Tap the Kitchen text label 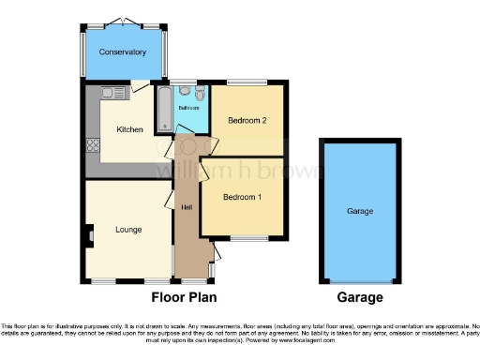[x=128, y=129]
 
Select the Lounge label [x=128, y=229]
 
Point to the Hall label [x=187, y=207]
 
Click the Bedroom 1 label [x=242, y=197]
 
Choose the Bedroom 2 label [x=247, y=120]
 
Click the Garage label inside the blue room [x=360, y=212]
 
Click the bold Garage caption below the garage [x=360, y=297]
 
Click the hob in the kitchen [x=93, y=145]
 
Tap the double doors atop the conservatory [x=122, y=21]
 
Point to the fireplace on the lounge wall [x=89, y=234]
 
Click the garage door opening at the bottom [x=360, y=281]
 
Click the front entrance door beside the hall [x=215, y=251]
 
